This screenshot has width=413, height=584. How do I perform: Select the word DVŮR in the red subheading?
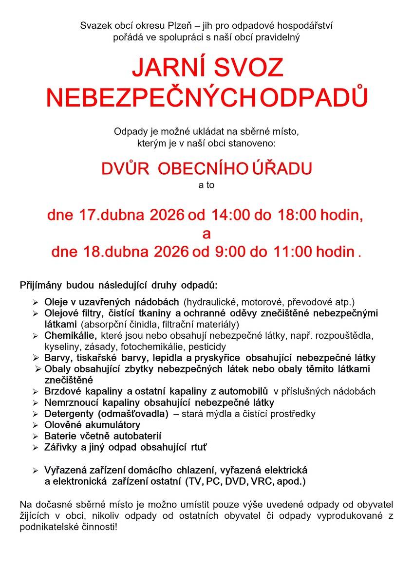(125, 168)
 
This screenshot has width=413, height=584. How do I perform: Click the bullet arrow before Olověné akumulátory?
(35, 425)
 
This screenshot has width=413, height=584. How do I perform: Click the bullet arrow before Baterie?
(35, 437)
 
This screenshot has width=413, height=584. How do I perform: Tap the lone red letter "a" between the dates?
(206, 234)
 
